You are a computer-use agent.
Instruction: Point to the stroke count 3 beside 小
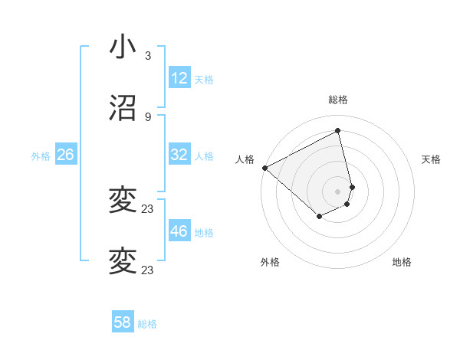coord(148,56)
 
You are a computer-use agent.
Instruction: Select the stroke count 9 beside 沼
coord(148,117)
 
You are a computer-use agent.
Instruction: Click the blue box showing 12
coord(179,78)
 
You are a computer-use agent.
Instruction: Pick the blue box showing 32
coord(179,155)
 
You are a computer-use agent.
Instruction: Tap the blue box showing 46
coord(179,231)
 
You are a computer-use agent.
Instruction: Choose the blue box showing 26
coord(66,155)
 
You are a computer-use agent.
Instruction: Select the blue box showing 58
coord(123,322)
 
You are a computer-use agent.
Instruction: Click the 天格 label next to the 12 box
coord(204,80)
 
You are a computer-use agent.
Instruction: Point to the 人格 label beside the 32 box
coord(204,156)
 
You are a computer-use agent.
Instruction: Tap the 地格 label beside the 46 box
coord(204,233)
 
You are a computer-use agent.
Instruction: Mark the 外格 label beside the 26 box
coord(41,156)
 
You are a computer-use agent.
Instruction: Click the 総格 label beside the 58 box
coord(147,324)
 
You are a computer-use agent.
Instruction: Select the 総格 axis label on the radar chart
coord(338,100)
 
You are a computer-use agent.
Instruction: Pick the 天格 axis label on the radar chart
coord(432,159)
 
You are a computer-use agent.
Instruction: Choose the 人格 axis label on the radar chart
coord(245,159)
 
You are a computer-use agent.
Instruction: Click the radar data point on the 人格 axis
coord(264,168)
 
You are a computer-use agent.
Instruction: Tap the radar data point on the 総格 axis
coord(338,131)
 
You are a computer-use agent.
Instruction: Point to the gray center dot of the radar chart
coord(338,191)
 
